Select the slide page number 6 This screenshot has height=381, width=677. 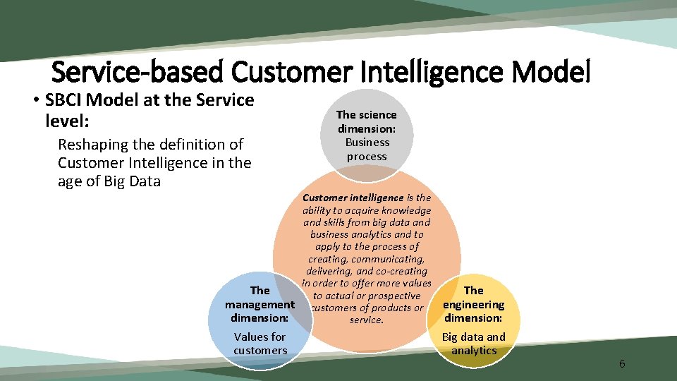[622, 364]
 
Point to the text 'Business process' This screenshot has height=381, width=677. [367, 149]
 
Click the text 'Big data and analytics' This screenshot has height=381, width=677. [474, 344]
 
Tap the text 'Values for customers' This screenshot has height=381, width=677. [260, 344]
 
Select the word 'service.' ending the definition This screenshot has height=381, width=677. [367, 320]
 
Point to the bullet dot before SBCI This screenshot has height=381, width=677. [35, 101]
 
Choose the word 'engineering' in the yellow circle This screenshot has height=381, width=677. [474, 305]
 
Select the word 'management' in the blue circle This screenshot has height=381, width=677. [260, 305]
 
